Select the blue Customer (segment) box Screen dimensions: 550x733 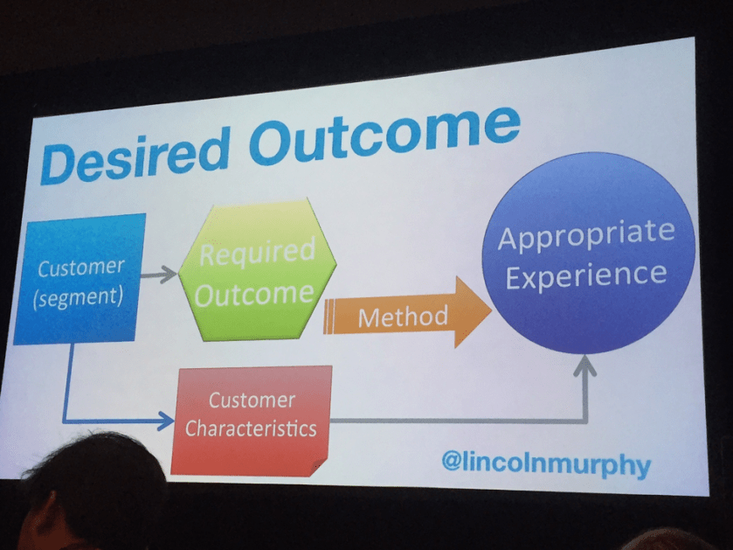click(x=80, y=278)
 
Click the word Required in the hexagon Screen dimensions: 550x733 click(x=256, y=254)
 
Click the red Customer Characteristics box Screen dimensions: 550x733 click(x=252, y=417)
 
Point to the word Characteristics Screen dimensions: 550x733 click(x=252, y=429)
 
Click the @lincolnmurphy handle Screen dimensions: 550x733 click(x=546, y=462)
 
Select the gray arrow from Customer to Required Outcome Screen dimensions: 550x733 click(x=159, y=275)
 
